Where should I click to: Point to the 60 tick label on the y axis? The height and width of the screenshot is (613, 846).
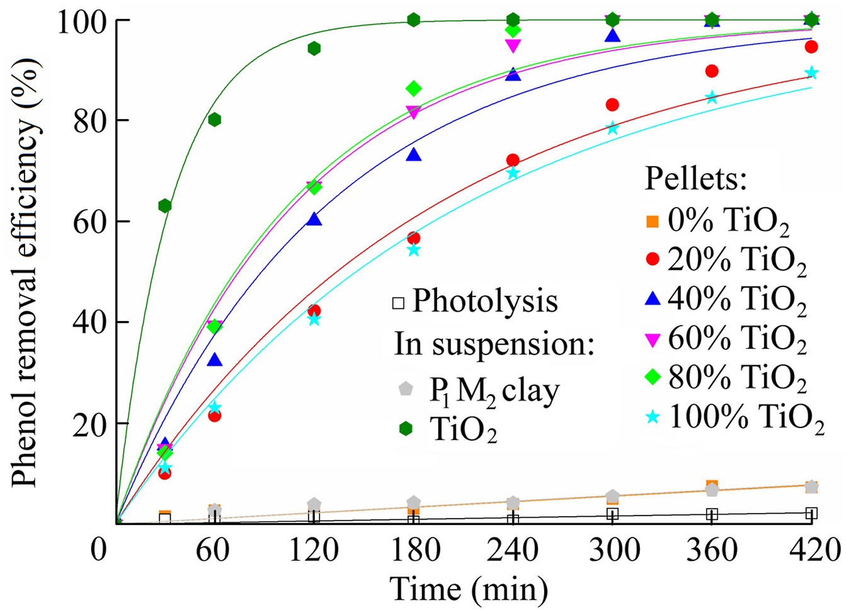(x=91, y=222)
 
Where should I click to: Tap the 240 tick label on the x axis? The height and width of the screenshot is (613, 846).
(x=512, y=549)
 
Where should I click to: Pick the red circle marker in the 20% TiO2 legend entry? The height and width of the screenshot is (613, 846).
(x=653, y=259)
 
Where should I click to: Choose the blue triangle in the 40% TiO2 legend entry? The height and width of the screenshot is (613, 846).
(x=653, y=299)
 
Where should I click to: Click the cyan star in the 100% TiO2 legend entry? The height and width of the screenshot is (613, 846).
(x=653, y=418)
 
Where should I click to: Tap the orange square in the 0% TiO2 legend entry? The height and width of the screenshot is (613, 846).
(x=653, y=222)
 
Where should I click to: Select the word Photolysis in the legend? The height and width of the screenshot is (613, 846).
(x=485, y=302)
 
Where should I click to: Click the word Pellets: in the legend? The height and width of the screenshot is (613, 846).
(x=696, y=179)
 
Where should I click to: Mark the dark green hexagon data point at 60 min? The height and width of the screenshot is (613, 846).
(x=215, y=120)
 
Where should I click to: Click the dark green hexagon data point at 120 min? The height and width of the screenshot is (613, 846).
(x=314, y=48)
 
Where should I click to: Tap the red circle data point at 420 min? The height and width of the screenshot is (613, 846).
(x=811, y=47)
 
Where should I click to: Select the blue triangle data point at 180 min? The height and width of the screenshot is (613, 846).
(x=414, y=154)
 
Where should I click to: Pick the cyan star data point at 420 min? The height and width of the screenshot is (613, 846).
(x=811, y=73)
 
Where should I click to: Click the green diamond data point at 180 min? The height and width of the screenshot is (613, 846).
(x=414, y=89)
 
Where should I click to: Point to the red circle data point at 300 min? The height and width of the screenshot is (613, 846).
(x=612, y=104)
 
